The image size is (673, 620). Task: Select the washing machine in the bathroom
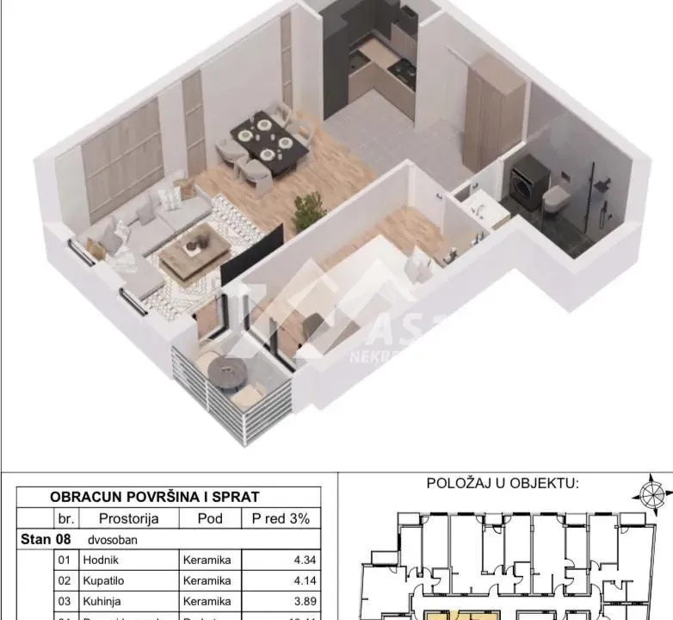[x=528, y=183]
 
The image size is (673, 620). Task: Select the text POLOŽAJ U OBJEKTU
[x=503, y=484]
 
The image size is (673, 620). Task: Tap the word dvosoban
[x=111, y=539]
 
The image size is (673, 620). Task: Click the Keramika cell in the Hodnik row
[x=207, y=560]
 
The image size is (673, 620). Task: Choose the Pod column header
[x=209, y=518]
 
